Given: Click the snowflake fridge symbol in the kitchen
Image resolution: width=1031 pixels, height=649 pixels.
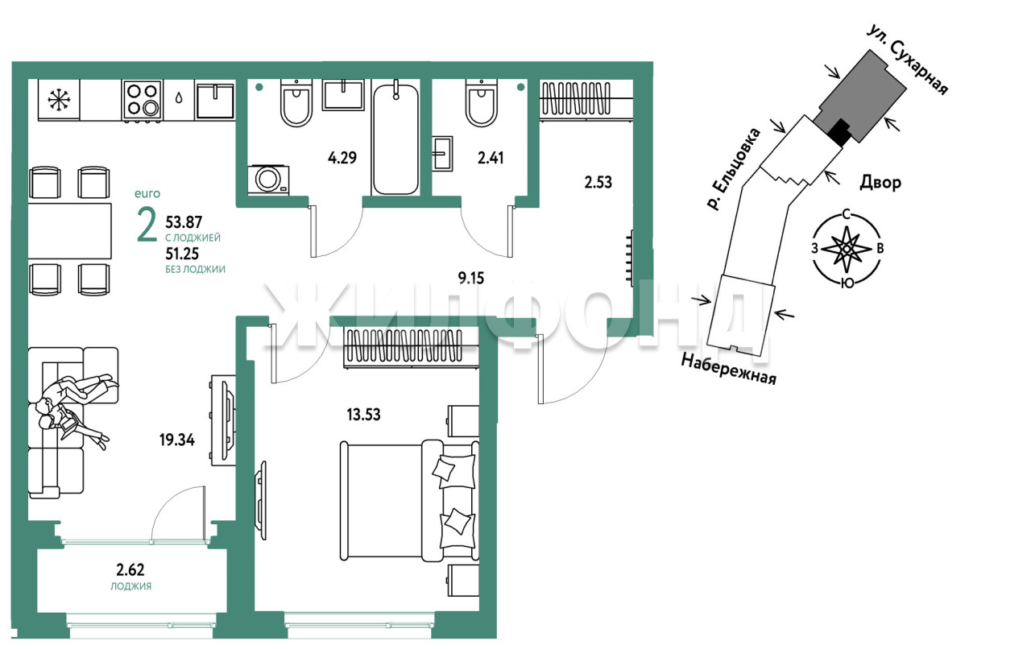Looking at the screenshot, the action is pyautogui.click(x=60, y=100).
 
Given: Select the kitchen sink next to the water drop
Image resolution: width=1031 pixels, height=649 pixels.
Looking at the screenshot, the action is pyautogui.click(x=215, y=100).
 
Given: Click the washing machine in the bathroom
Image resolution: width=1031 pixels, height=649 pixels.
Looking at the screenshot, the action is pyautogui.click(x=268, y=180).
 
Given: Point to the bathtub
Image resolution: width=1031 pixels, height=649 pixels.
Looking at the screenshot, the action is pyautogui.click(x=395, y=138).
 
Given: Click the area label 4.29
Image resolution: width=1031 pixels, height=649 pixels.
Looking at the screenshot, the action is pyautogui.click(x=342, y=158).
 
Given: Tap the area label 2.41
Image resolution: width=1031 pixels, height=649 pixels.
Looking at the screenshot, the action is pyautogui.click(x=491, y=158).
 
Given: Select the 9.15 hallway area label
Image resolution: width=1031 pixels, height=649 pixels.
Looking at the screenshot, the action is pyautogui.click(x=471, y=278).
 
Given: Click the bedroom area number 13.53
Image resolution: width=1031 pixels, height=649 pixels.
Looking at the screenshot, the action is pyautogui.click(x=363, y=415).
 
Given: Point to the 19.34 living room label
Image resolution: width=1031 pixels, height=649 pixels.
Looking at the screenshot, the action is pyautogui.click(x=177, y=440).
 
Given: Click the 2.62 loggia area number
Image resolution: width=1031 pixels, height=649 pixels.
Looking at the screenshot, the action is pyautogui.click(x=130, y=570).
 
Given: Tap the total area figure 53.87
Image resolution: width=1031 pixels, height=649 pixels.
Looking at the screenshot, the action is pyautogui.click(x=184, y=222).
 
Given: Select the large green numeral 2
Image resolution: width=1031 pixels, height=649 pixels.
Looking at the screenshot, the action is pyautogui.click(x=147, y=225).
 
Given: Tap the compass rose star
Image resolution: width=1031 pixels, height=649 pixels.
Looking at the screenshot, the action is pyautogui.click(x=846, y=249).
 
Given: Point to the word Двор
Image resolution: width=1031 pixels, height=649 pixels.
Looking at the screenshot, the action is pyautogui.click(x=880, y=183).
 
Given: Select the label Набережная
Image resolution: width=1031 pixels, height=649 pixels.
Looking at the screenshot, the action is pyautogui.click(x=729, y=369).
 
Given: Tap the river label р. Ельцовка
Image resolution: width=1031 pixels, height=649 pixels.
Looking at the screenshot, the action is pyautogui.click(x=734, y=169).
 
